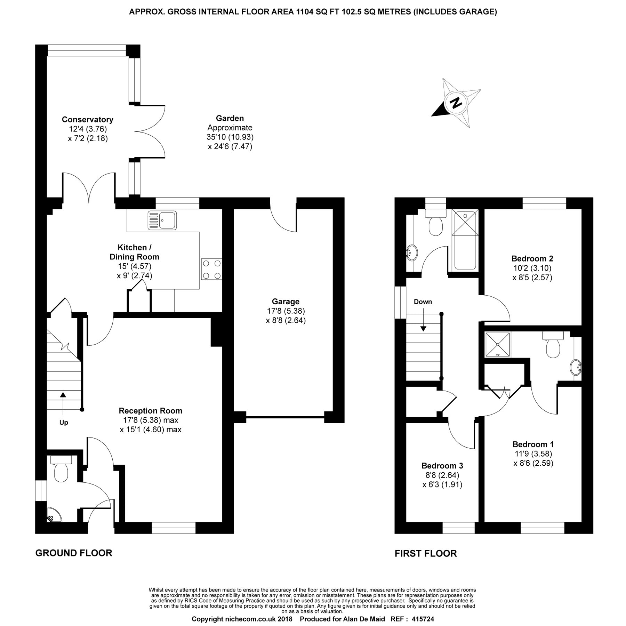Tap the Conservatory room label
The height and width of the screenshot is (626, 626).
(88, 119)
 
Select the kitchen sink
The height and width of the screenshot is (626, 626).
(162, 220)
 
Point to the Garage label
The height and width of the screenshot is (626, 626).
(286, 302)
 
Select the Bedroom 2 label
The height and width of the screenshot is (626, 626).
(532, 258)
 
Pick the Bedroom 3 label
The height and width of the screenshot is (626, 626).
(442, 465)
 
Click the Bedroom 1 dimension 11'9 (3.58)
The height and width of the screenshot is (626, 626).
(533, 454)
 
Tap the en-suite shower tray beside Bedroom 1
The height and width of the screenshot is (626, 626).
(498, 345)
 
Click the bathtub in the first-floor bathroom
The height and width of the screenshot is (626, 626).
(465, 240)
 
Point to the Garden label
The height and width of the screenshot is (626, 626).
(230, 118)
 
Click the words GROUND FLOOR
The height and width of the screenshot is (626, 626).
(74, 553)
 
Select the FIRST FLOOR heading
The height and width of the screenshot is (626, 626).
(426, 553)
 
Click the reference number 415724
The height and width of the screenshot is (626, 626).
(423, 619)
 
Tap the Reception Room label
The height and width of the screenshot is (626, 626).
(150, 410)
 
